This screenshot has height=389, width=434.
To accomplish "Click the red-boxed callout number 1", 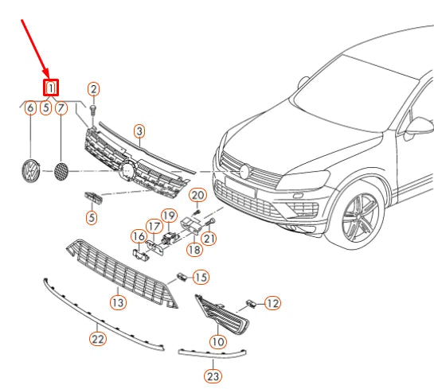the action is (51, 88).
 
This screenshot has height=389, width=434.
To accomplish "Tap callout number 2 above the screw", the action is (94, 89).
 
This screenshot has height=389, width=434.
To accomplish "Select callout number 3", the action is (139, 131).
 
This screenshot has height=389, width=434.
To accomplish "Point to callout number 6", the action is (30, 108).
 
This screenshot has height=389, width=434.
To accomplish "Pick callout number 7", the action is (61, 108).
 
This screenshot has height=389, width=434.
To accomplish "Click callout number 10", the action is (218, 342).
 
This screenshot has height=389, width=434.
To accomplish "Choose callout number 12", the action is (272, 303).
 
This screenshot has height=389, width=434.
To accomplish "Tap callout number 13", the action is (118, 302).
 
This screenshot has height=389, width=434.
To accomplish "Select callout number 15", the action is (201, 278).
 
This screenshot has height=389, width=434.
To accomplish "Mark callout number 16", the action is (139, 236).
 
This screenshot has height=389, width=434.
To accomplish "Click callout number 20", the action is (198, 195).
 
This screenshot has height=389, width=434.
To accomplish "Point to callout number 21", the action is (209, 239).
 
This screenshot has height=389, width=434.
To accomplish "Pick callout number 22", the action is (98, 339).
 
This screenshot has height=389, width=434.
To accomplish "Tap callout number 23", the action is (213, 376).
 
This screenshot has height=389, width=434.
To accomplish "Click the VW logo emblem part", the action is (31, 171).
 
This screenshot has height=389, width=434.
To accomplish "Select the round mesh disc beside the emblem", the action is (61, 171).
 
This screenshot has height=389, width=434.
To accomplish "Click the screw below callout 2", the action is (94, 110).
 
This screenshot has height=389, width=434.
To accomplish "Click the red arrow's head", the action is (47, 74).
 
